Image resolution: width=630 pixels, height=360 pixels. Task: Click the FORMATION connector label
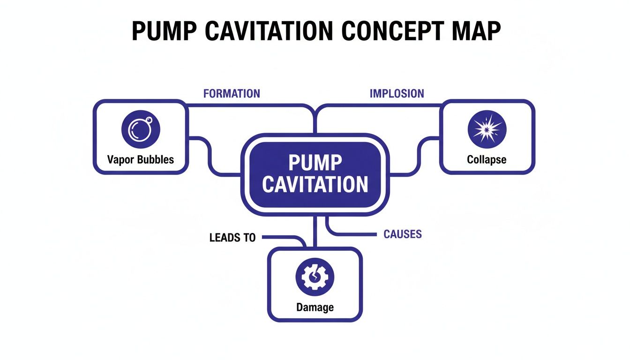coord(232,93)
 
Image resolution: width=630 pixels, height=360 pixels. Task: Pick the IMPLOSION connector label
coord(397,93)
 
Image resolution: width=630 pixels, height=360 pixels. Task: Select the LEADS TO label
coord(232,238)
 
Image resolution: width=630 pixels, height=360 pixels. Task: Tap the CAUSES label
coord(403,234)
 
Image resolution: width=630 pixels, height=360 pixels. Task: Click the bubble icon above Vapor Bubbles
coord(141,129)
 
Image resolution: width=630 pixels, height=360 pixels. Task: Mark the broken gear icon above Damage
coord(315,277)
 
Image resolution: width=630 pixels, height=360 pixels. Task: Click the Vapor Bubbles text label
coord(141,159)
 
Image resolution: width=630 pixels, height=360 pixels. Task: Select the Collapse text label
coord(487,160)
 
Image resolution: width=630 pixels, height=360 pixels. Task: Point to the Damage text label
coord(315,307)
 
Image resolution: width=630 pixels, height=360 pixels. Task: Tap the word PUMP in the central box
coord(315,163)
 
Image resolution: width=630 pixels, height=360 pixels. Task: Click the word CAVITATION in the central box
coord(315,185)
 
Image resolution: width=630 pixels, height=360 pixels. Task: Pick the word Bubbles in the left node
coord(155,159)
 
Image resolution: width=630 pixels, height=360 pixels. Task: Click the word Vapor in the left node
coord(120,159)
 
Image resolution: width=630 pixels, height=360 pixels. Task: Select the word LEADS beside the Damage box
coord(222,238)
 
